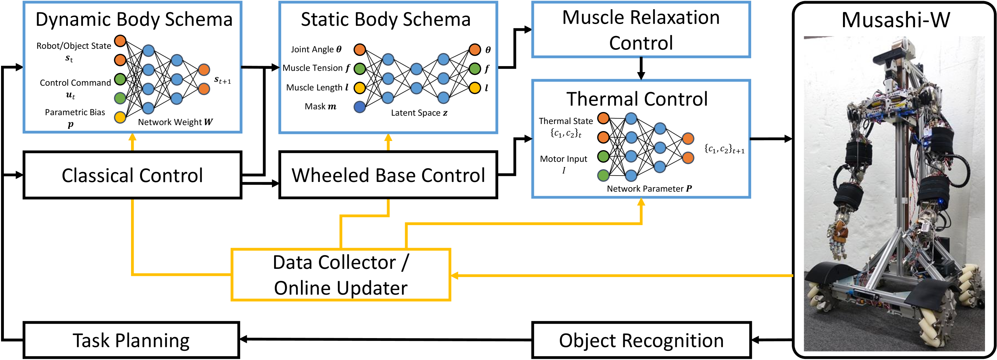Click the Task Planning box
tap(131, 340)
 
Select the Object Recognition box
tap(641, 340)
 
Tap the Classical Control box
tap(132, 175)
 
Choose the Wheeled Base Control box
tap(388, 175)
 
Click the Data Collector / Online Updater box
tap(341, 275)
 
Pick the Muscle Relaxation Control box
tap(641, 30)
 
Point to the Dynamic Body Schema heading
tap(134, 19)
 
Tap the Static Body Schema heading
tap(386, 19)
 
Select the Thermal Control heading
tap(637, 99)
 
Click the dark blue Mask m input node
tap(360, 107)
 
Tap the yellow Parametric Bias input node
tap(120, 117)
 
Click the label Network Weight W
tap(175, 122)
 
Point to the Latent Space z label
tap(419, 113)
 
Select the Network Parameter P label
tap(649, 189)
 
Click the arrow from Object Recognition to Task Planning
tap(386, 340)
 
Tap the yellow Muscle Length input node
tap(360, 88)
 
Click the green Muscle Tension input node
tap(360, 69)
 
